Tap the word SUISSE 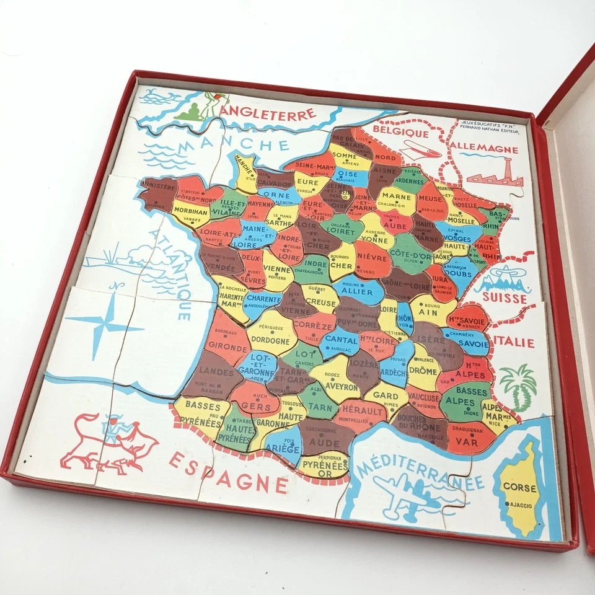[x=508, y=299]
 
